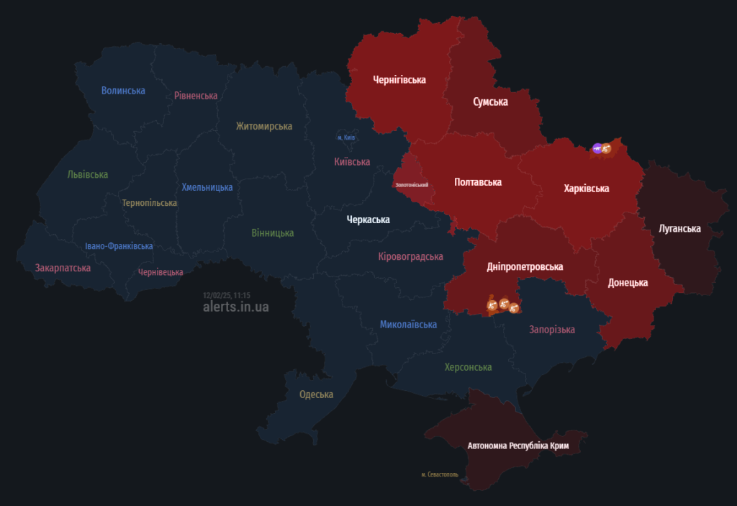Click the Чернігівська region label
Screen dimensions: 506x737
(399, 80)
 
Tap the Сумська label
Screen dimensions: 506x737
(490, 101)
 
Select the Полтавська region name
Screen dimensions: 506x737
(478, 182)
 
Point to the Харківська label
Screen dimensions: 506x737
(587, 189)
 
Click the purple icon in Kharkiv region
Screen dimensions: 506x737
(597, 149)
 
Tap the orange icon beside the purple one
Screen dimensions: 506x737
(607, 148)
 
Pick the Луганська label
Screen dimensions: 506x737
(679, 229)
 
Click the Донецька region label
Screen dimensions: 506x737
(628, 283)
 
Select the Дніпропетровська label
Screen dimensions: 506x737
(525, 267)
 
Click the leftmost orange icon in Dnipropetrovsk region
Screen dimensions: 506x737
(492, 307)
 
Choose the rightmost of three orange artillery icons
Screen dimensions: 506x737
(514, 307)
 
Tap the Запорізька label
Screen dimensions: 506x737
(552, 330)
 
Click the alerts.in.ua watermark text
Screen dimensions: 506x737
(236, 307)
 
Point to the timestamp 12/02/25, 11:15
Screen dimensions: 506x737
(226, 295)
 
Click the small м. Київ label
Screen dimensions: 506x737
(346, 137)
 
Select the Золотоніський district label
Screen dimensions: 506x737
(412, 185)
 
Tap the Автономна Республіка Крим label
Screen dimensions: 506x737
(518, 446)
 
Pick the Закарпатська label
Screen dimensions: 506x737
(63, 268)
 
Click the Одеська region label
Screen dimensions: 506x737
(316, 394)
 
